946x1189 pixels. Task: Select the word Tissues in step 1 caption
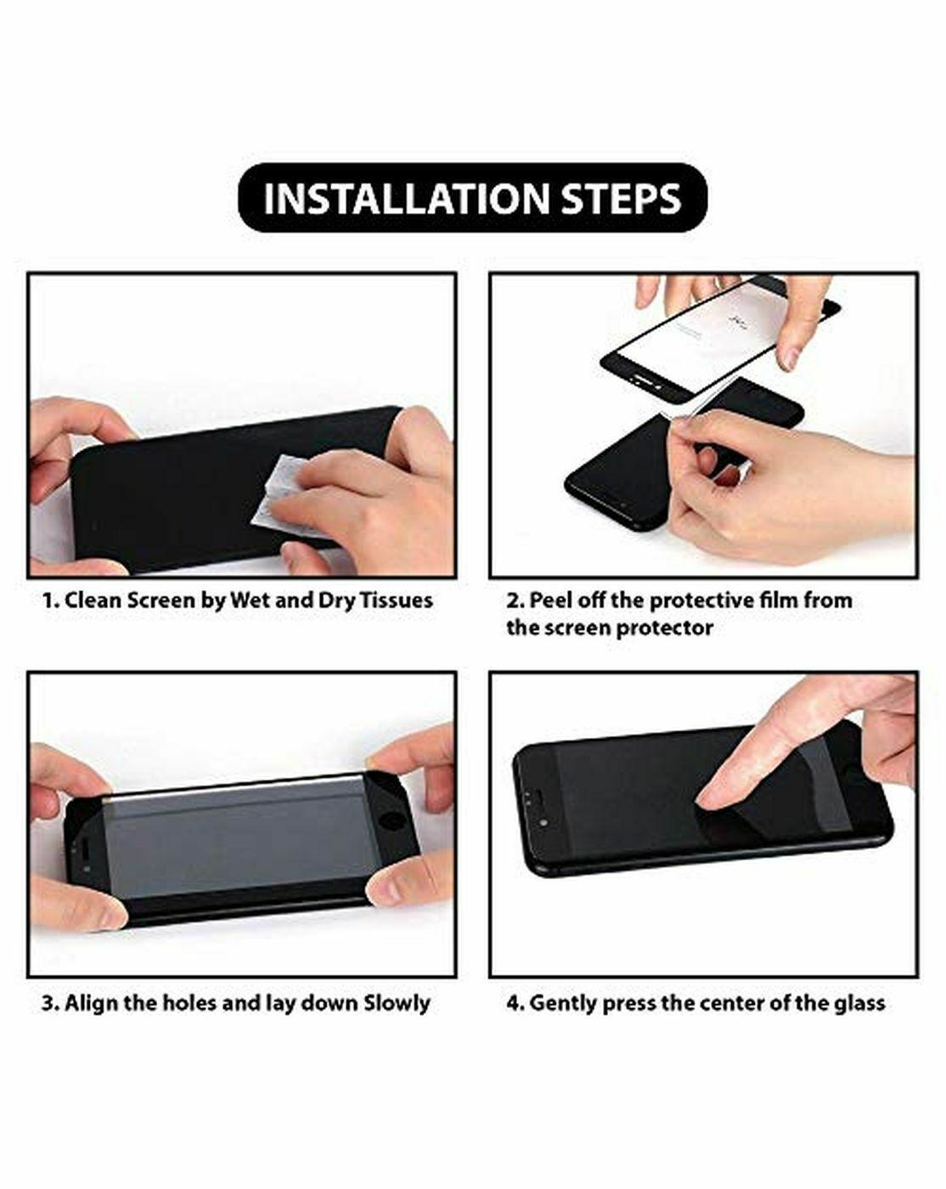click(396, 600)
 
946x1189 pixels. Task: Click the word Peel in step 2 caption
click(551, 600)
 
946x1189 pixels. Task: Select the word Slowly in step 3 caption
click(397, 1003)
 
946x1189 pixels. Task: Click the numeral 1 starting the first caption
click(48, 600)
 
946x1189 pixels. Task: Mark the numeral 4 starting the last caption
click(515, 1003)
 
